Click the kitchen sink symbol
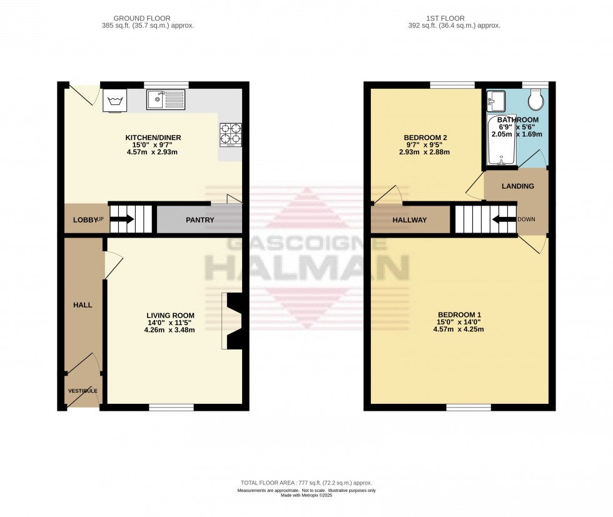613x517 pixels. [166, 99]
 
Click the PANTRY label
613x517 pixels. [200, 220]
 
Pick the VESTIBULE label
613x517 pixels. [83, 391]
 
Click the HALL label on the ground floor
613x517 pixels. [83, 305]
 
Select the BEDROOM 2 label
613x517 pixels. [425, 138]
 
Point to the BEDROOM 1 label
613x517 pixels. [459, 314]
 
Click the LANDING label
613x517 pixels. [518, 186]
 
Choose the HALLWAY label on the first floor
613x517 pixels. [410, 220]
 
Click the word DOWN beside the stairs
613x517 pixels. [526, 219]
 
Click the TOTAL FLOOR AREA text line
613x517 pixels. [306, 483]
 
